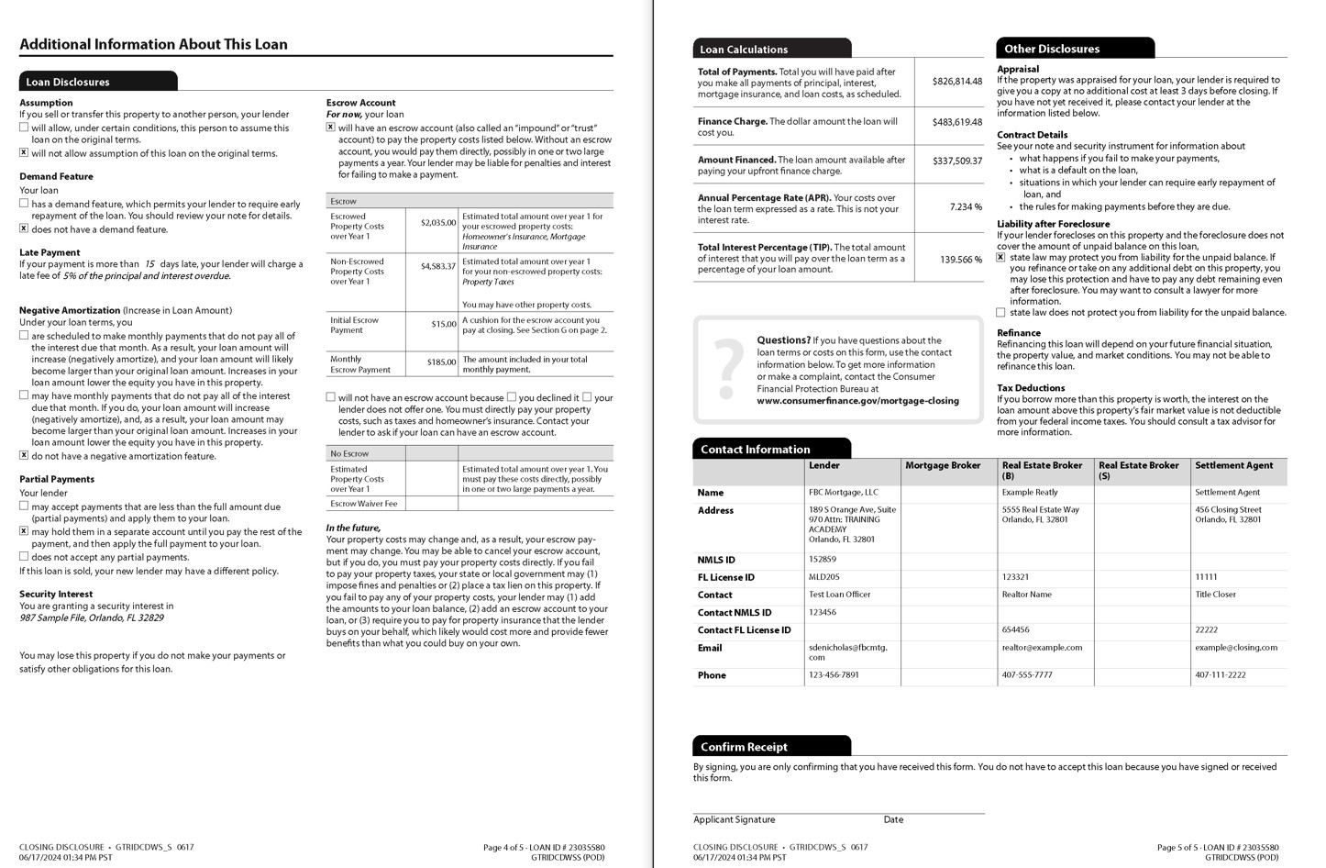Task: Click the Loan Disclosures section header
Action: (x=68, y=82)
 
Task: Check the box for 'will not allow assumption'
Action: (x=24, y=153)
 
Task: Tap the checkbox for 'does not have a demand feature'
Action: (x=24, y=228)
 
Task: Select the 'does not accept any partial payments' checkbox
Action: (x=24, y=556)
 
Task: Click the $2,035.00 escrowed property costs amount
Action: (x=437, y=222)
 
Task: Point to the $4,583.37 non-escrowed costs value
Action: (x=437, y=266)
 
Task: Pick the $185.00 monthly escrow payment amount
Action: (x=441, y=362)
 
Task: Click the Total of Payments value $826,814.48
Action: (x=956, y=81)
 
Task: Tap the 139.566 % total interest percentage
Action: (x=960, y=259)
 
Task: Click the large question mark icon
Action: (x=728, y=369)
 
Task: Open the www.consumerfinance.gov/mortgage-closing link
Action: (x=857, y=401)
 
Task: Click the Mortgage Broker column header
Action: (x=943, y=465)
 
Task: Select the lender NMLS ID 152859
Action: (x=823, y=559)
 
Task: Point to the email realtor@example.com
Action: (x=1042, y=647)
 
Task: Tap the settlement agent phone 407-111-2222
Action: (x=1220, y=674)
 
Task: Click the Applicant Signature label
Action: (x=734, y=819)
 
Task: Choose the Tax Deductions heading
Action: (x=1031, y=388)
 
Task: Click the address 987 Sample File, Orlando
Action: (x=92, y=618)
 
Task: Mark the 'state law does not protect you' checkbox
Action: (x=1000, y=313)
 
